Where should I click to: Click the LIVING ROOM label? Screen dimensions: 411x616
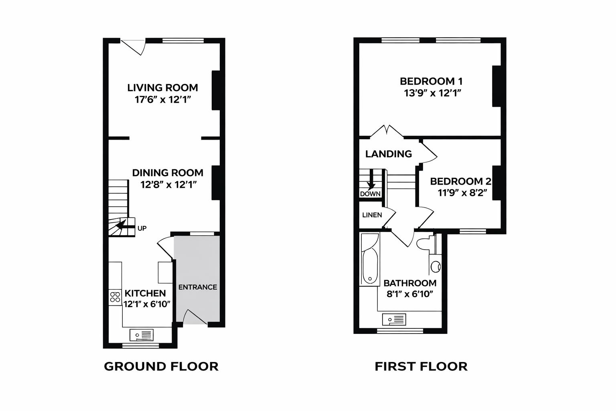(x=162, y=87)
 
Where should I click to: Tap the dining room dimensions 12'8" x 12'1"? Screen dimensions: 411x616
(x=168, y=185)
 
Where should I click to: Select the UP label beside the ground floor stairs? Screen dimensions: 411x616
(x=142, y=228)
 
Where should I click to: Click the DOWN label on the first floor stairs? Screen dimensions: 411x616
(x=370, y=194)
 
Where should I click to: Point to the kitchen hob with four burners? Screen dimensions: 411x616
(x=115, y=297)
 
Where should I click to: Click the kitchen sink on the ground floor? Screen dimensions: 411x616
(x=142, y=334)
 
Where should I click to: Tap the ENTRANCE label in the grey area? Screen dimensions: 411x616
(x=197, y=287)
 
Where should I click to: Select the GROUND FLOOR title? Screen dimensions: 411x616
(x=161, y=366)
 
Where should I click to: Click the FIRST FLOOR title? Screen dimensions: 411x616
(x=421, y=366)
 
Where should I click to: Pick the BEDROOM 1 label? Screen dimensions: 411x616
(x=431, y=81)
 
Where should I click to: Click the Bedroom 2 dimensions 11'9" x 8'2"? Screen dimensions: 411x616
(x=462, y=193)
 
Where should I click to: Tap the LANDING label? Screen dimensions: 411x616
(x=388, y=154)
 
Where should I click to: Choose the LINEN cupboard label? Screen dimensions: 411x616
(x=372, y=215)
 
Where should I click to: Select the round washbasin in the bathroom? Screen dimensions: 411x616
(x=436, y=266)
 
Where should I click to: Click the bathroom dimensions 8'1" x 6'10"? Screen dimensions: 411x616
(x=410, y=294)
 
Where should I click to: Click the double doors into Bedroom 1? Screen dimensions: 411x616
(x=387, y=132)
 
